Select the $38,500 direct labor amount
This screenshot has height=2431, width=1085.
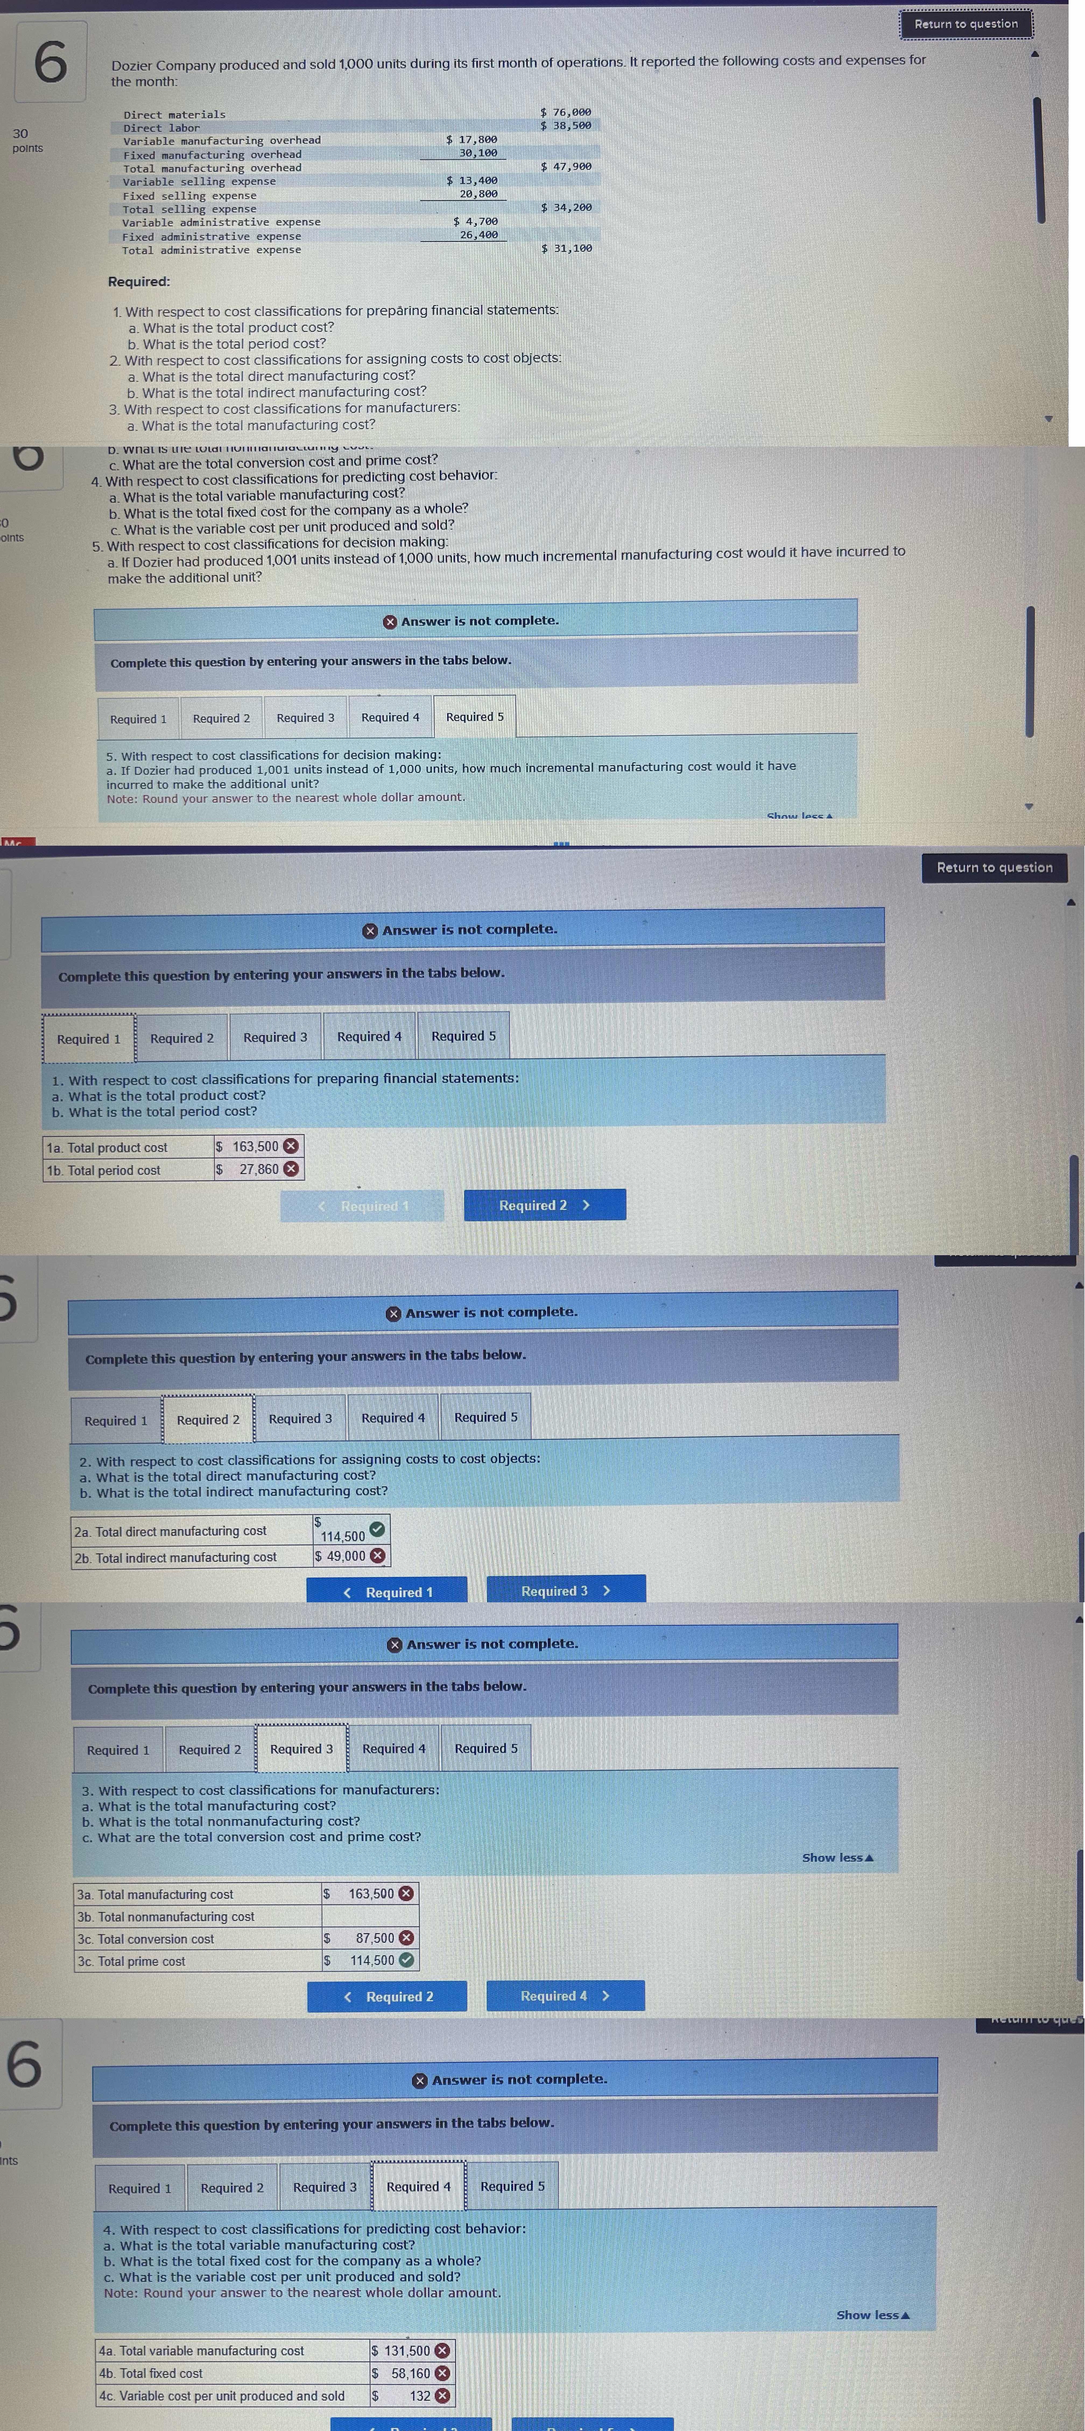(566, 125)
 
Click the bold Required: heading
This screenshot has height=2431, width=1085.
(139, 281)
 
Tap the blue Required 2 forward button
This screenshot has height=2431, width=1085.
(544, 1205)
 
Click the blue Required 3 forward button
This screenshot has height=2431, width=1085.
(565, 1590)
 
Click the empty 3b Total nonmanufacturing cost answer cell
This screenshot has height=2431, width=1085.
(368, 1916)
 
